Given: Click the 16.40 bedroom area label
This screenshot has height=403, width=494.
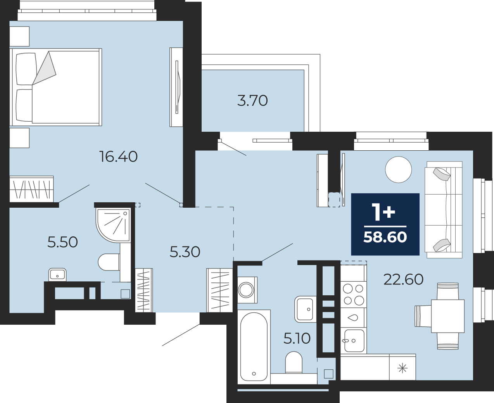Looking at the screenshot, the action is pyautogui.click(x=119, y=157).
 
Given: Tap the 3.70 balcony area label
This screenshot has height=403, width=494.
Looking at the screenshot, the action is pyautogui.click(x=252, y=101).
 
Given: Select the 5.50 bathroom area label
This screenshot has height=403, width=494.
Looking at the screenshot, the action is pyautogui.click(x=62, y=242).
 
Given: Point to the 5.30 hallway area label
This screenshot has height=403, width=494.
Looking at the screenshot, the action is pyautogui.click(x=185, y=252).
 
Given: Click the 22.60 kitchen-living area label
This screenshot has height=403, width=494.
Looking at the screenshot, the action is pyautogui.click(x=403, y=279).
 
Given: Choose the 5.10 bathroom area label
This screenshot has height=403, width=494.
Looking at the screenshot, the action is pyautogui.click(x=297, y=338).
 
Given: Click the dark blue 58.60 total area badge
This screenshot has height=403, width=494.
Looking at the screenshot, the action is pyautogui.click(x=385, y=224).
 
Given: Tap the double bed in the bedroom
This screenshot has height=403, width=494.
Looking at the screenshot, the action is pyautogui.click(x=56, y=87).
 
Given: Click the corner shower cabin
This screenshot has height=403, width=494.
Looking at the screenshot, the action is pyautogui.click(x=113, y=225).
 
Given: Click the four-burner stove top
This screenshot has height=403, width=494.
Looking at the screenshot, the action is pyautogui.click(x=353, y=294).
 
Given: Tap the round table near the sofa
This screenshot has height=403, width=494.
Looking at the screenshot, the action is pyautogui.click(x=399, y=169).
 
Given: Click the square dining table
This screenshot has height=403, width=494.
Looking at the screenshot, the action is pyautogui.click(x=447, y=316).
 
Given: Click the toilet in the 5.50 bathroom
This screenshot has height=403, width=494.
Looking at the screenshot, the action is pyautogui.click(x=109, y=262).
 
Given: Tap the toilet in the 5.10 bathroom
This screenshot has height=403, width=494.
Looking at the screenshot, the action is pyautogui.click(x=294, y=362).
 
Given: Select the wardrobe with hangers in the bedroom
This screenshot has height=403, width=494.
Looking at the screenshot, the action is pyautogui.click(x=32, y=189).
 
